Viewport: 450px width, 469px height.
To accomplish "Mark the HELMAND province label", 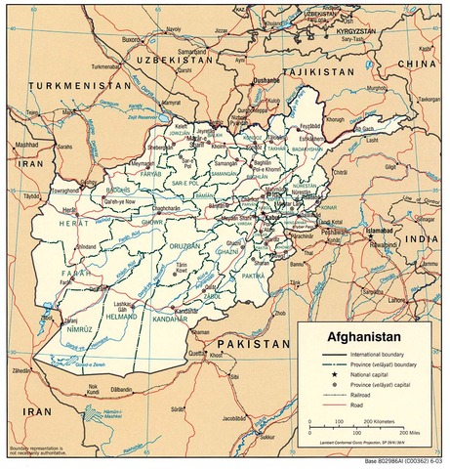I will [x=123, y=317].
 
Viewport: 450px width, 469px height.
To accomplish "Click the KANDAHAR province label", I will [x=172, y=320].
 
